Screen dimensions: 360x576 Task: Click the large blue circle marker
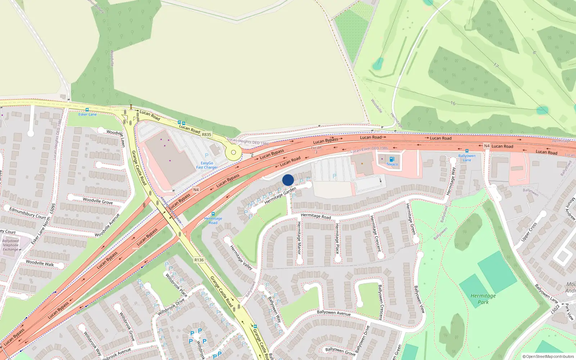pos(288,180)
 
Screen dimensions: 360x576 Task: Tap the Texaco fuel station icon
pos(392,159)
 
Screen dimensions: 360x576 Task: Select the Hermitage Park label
pos(483,299)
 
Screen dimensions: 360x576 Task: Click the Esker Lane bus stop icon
pos(87,110)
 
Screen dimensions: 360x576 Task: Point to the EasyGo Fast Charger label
pos(207,165)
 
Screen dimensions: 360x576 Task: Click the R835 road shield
pos(206,135)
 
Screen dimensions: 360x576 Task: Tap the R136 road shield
pos(199,260)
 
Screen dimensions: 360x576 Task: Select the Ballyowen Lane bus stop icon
pos(467,151)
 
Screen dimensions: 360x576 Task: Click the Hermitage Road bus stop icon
pos(213,214)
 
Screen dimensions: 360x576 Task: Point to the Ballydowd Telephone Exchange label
pos(10,245)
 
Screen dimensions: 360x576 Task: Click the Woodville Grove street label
pos(98,201)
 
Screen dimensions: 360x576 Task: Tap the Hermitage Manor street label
pos(299,238)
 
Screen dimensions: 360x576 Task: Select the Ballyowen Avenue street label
pos(334,313)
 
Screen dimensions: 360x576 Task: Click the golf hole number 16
pos(453,103)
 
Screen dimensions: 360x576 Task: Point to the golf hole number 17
pos(496,66)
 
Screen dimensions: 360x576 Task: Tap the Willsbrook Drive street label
pos(171,307)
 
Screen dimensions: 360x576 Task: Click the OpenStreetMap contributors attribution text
pos(548,356)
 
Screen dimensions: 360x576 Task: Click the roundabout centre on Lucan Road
pos(233,152)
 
